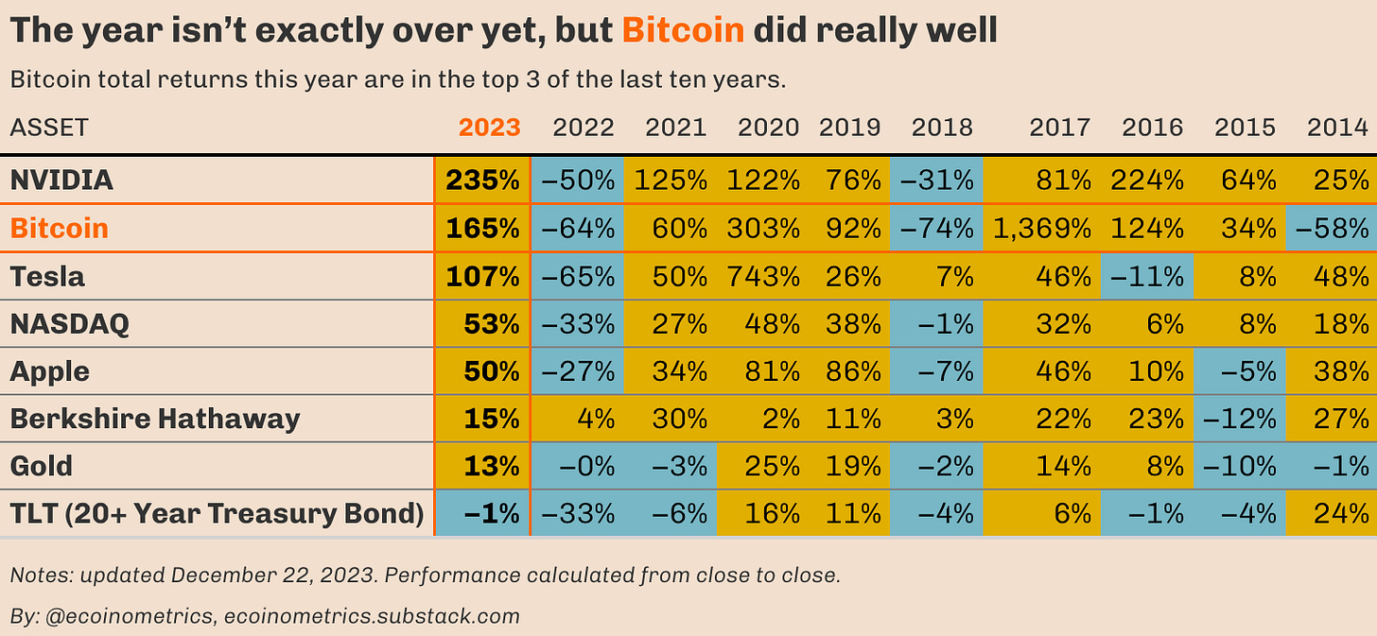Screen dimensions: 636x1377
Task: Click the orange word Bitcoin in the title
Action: (x=683, y=30)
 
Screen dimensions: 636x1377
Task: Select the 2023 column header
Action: (x=489, y=128)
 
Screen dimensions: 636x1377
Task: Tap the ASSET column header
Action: (x=49, y=128)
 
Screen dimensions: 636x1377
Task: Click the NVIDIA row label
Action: (x=61, y=180)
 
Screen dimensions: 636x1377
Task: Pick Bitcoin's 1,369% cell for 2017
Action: (x=1041, y=229)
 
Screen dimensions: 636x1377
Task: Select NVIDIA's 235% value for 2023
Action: (x=482, y=180)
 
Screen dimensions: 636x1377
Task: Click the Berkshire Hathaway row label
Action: (x=155, y=419)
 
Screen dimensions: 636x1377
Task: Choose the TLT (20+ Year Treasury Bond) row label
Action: (x=217, y=513)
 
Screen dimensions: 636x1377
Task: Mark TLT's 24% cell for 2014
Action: (x=1341, y=513)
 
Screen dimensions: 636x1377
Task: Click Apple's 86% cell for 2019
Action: (x=853, y=371)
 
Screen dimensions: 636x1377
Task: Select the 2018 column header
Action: (x=941, y=128)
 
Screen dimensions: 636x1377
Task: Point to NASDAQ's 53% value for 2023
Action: (x=491, y=324)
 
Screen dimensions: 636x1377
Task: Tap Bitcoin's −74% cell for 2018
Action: (x=939, y=229)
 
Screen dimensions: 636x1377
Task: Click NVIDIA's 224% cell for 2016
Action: (x=1148, y=180)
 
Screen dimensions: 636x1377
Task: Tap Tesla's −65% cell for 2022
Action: (x=577, y=277)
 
